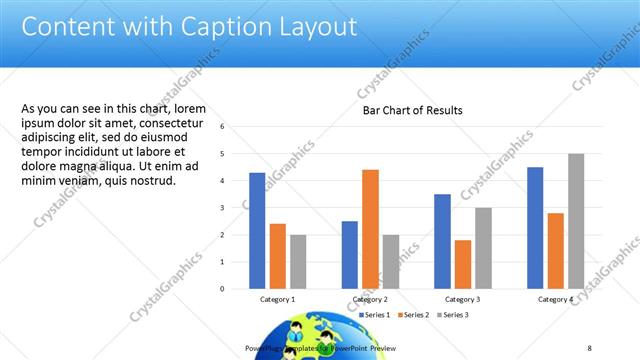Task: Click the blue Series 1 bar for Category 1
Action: click(257, 230)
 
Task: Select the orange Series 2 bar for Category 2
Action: click(370, 229)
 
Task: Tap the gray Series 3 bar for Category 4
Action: click(576, 221)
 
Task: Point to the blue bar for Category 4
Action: click(535, 227)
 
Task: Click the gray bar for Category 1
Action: click(298, 261)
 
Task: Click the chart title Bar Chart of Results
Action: click(412, 110)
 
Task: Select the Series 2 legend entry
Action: click(412, 315)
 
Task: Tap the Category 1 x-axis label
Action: click(277, 299)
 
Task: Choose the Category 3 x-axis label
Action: click(462, 299)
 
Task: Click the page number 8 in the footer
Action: click(590, 347)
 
